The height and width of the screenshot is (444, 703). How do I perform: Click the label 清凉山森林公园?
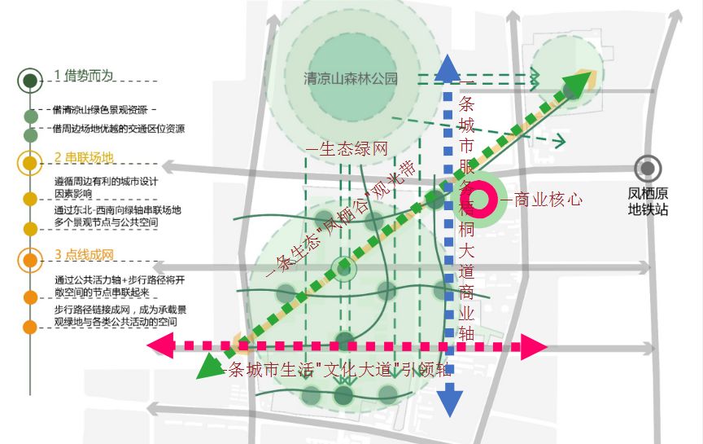click(x=351, y=79)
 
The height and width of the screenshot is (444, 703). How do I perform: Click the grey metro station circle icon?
click(x=648, y=169)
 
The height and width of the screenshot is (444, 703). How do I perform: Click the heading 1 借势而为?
click(x=84, y=76)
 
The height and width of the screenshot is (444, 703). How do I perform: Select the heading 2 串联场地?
click(x=84, y=157)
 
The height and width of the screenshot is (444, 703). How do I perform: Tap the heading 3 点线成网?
click(x=84, y=256)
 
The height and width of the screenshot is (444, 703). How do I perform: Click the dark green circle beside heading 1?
click(x=30, y=80)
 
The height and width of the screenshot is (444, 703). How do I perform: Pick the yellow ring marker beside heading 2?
click(x=30, y=162)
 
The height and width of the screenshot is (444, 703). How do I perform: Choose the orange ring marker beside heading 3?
click(x=30, y=261)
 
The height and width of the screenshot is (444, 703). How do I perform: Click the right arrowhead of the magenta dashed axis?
click(x=534, y=347)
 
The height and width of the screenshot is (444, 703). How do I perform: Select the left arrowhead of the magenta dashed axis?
click(x=159, y=346)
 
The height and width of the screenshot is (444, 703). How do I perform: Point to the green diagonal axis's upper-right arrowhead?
click(x=577, y=82)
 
